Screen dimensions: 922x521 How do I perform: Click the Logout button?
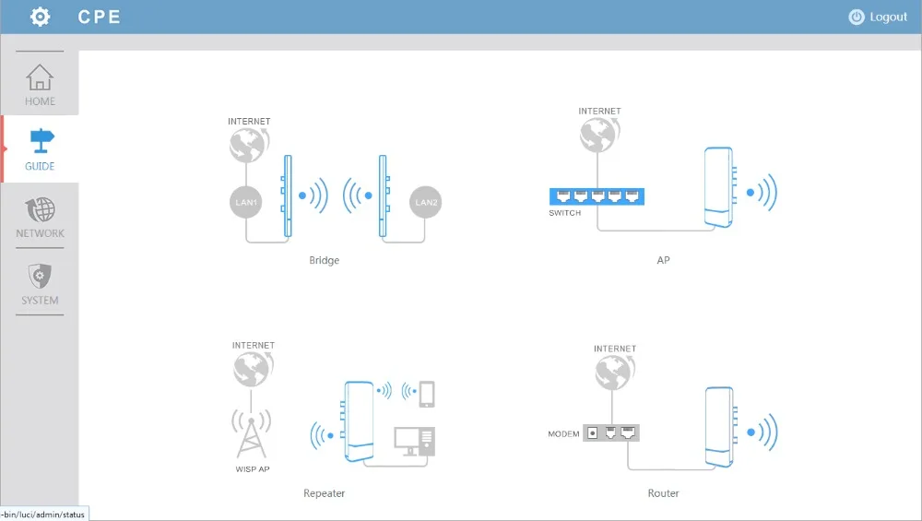tap(878, 17)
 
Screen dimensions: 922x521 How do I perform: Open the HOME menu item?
tap(40, 85)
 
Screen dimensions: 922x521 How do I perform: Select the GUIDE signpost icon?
tap(41, 140)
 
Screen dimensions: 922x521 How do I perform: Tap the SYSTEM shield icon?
tap(40, 276)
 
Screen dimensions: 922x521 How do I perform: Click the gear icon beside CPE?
tap(40, 17)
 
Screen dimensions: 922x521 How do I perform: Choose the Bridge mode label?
tap(324, 260)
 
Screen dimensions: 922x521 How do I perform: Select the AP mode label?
tap(663, 260)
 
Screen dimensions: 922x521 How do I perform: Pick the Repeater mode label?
tap(324, 493)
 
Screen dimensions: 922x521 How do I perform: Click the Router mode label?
tap(663, 493)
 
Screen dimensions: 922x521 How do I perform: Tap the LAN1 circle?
tap(245, 202)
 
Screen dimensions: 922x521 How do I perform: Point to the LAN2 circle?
tap(426, 202)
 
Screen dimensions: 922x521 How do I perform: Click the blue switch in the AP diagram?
tap(597, 196)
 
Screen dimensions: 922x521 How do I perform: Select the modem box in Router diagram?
tap(611, 433)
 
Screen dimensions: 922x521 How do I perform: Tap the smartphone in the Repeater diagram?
tap(427, 394)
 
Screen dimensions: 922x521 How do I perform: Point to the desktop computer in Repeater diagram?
tap(415, 442)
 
